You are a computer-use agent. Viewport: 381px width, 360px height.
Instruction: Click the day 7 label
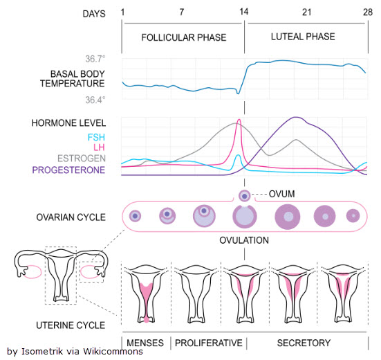click(x=182, y=12)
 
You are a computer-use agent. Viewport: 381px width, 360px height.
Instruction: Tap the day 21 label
click(x=306, y=12)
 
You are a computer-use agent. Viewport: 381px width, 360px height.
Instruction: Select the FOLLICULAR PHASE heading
click(x=184, y=37)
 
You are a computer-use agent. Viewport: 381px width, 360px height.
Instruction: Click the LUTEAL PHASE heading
click(x=303, y=37)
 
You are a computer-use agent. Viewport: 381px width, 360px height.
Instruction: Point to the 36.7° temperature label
click(x=95, y=59)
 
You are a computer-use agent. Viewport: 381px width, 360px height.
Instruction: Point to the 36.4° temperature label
click(x=95, y=100)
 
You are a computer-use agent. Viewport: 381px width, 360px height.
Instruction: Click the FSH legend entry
click(x=96, y=137)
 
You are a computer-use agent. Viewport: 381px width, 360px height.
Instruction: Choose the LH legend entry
click(x=99, y=147)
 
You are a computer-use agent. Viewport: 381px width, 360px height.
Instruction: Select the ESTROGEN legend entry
click(x=82, y=159)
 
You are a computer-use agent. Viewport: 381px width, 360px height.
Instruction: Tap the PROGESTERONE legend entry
click(x=68, y=170)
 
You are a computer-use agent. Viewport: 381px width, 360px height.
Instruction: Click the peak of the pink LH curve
click(x=239, y=120)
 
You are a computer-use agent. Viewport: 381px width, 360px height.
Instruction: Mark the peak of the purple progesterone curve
click(x=296, y=117)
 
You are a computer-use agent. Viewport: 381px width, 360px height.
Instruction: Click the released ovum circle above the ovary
click(x=245, y=196)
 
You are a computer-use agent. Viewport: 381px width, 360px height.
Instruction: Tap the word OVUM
click(x=282, y=194)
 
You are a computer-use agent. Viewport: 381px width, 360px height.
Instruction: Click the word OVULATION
click(x=244, y=240)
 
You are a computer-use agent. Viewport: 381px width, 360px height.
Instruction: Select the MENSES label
click(x=145, y=343)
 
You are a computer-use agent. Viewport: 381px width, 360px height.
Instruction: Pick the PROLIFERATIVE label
click(x=209, y=343)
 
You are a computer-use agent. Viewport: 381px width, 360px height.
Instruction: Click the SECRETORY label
click(x=304, y=343)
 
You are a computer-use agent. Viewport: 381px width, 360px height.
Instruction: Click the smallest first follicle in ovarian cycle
click(x=135, y=216)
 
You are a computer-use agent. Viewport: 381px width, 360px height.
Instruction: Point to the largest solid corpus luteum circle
click(x=288, y=217)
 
